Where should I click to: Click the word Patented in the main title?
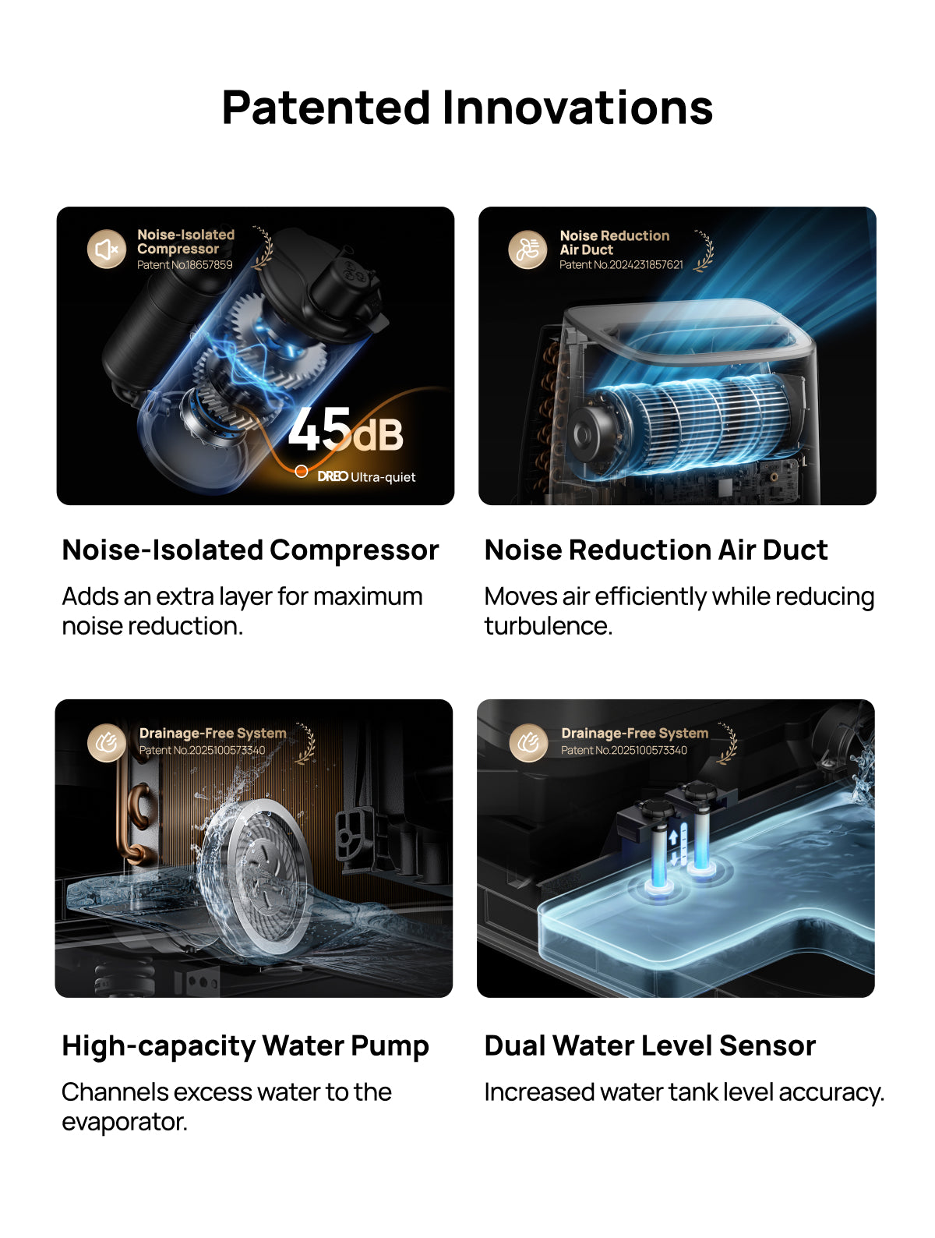pyautogui.click(x=326, y=108)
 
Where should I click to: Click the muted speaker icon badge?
pyautogui.click(x=106, y=249)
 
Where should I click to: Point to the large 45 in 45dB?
pyautogui.click(x=319, y=430)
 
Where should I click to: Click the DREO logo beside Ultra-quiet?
pyautogui.click(x=333, y=476)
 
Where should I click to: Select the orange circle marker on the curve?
pyautogui.click(x=301, y=471)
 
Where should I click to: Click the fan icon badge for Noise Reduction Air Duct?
pyautogui.click(x=527, y=249)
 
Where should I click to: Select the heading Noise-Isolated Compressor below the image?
pyautogui.click(x=250, y=550)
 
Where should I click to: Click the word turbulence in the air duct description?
pyautogui.click(x=548, y=626)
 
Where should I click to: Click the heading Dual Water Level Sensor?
pyautogui.click(x=650, y=1046)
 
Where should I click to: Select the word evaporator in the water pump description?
pyautogui.click(x=124, y=1122)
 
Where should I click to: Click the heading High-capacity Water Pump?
pyautogui.click(x=245, y=1046)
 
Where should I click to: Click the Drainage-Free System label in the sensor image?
pyautogui.click(x=634, y=734)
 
